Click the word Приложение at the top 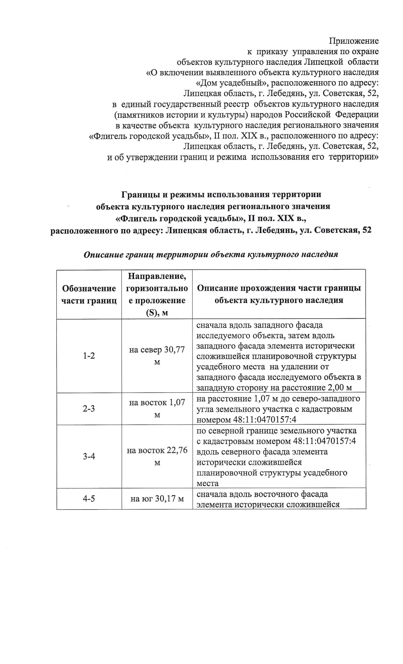pos(354,41)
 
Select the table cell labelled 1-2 pos(89,355)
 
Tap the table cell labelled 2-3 pos(89,409)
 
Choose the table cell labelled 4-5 pos(89,499)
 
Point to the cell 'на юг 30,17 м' pos(157,499)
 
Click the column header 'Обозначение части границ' pos(89,294)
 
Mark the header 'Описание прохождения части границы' pos(279,288)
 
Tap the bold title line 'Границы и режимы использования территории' pos(221,194)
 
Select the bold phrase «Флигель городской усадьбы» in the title pos(180,219)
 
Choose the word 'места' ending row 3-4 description pos(208,483)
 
